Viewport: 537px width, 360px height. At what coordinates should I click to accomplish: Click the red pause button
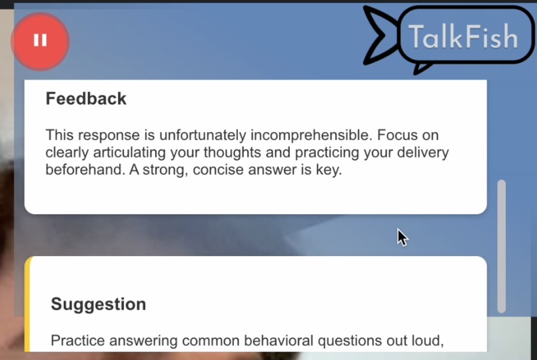[x=40, y=41]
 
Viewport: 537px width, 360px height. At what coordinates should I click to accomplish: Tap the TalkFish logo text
[x=463, y=37]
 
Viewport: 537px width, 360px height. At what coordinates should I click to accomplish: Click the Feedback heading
[x=86, y=99]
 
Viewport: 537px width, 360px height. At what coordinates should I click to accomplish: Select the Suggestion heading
[x=99, y=304]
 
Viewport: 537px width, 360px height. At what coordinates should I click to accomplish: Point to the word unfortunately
[x=203, y=135]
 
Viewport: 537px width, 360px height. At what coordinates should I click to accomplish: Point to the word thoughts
[x=248, y=153]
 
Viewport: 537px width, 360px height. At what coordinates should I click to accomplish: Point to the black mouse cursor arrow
[x=402, y=236]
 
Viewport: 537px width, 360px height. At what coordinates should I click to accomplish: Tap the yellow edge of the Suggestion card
[x=27, y=307]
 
